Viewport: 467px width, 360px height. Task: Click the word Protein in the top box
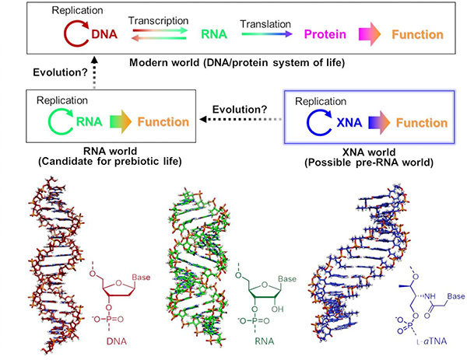[x=325, y=35]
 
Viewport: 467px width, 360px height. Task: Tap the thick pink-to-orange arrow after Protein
[x=372, y=35]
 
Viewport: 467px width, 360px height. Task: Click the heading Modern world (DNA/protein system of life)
[x=233, y=61]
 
